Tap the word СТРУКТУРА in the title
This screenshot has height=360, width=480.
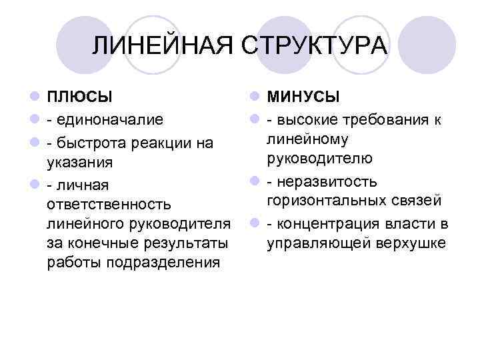point(313,46)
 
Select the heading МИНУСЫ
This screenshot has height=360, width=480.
point(303,97)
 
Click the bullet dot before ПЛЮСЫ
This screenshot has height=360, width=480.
point(34,97)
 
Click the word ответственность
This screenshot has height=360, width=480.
point(109,202)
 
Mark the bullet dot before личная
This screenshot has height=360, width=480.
point(34,182)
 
